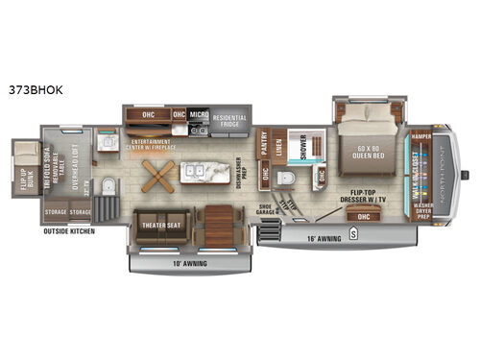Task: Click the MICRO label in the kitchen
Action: click(199, 113)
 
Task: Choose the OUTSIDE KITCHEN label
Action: click(69, 231)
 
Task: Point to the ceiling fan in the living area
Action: click(157, 175)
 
